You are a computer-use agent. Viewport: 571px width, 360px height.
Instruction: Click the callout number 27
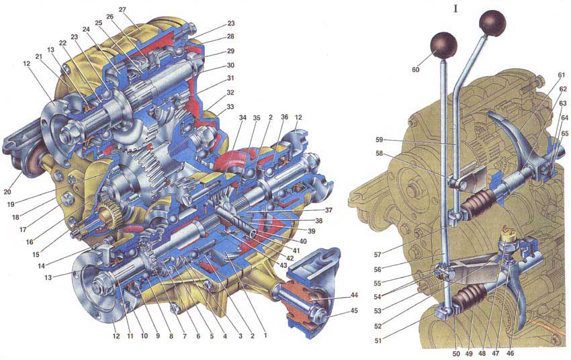122,10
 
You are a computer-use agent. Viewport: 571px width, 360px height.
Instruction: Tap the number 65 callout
564,134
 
